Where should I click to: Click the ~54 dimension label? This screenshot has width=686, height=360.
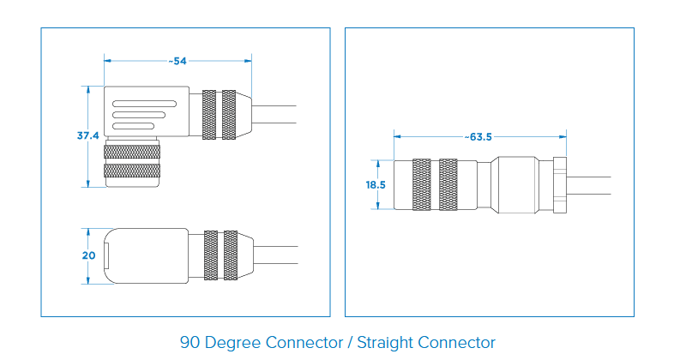178,61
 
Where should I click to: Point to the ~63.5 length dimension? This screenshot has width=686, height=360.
479,136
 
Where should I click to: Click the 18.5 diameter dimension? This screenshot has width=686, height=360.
376,184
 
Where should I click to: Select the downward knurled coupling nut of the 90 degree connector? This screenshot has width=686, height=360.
131,163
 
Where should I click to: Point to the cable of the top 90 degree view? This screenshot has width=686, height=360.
274,114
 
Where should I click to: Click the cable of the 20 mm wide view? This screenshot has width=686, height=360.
274,255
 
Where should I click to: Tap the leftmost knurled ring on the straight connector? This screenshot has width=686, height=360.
421,184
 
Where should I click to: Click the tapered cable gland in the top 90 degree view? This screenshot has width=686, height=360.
244,114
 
